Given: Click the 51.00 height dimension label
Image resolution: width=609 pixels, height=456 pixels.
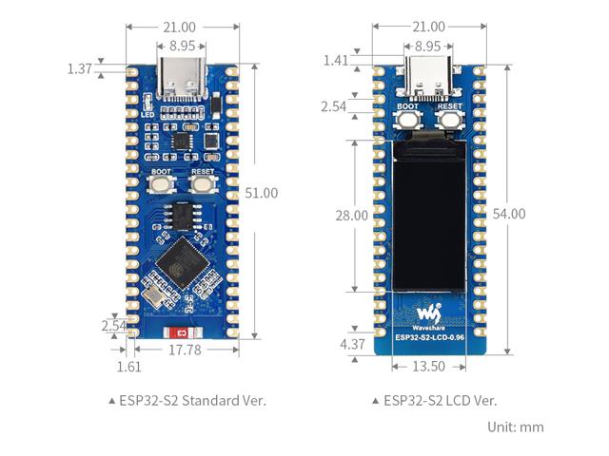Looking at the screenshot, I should (262, 193).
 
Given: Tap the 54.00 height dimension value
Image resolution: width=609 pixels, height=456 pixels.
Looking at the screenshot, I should (510, 214).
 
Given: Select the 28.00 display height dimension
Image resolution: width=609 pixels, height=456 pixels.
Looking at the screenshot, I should (351, 216).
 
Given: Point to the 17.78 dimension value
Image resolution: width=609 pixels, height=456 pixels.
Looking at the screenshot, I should (184, 350).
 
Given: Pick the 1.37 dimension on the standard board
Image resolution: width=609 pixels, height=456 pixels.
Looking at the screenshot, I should (80, 68).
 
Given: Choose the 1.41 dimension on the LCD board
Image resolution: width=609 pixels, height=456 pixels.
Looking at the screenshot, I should (336, 61).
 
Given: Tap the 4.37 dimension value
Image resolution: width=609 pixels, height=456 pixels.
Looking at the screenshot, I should (351, 343).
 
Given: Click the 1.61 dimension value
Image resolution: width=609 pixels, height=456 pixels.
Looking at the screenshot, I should (128, 367).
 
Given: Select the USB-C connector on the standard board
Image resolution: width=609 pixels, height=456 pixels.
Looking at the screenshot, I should (182, 78).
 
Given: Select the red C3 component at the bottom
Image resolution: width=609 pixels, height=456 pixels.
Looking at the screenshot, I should (183, 333).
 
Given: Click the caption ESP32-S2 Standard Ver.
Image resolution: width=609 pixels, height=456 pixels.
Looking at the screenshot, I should (187, 400).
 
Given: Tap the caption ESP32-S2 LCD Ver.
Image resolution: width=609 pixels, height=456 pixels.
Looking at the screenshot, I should (435, 400).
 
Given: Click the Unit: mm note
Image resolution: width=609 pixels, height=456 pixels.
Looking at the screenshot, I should (516, 427).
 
